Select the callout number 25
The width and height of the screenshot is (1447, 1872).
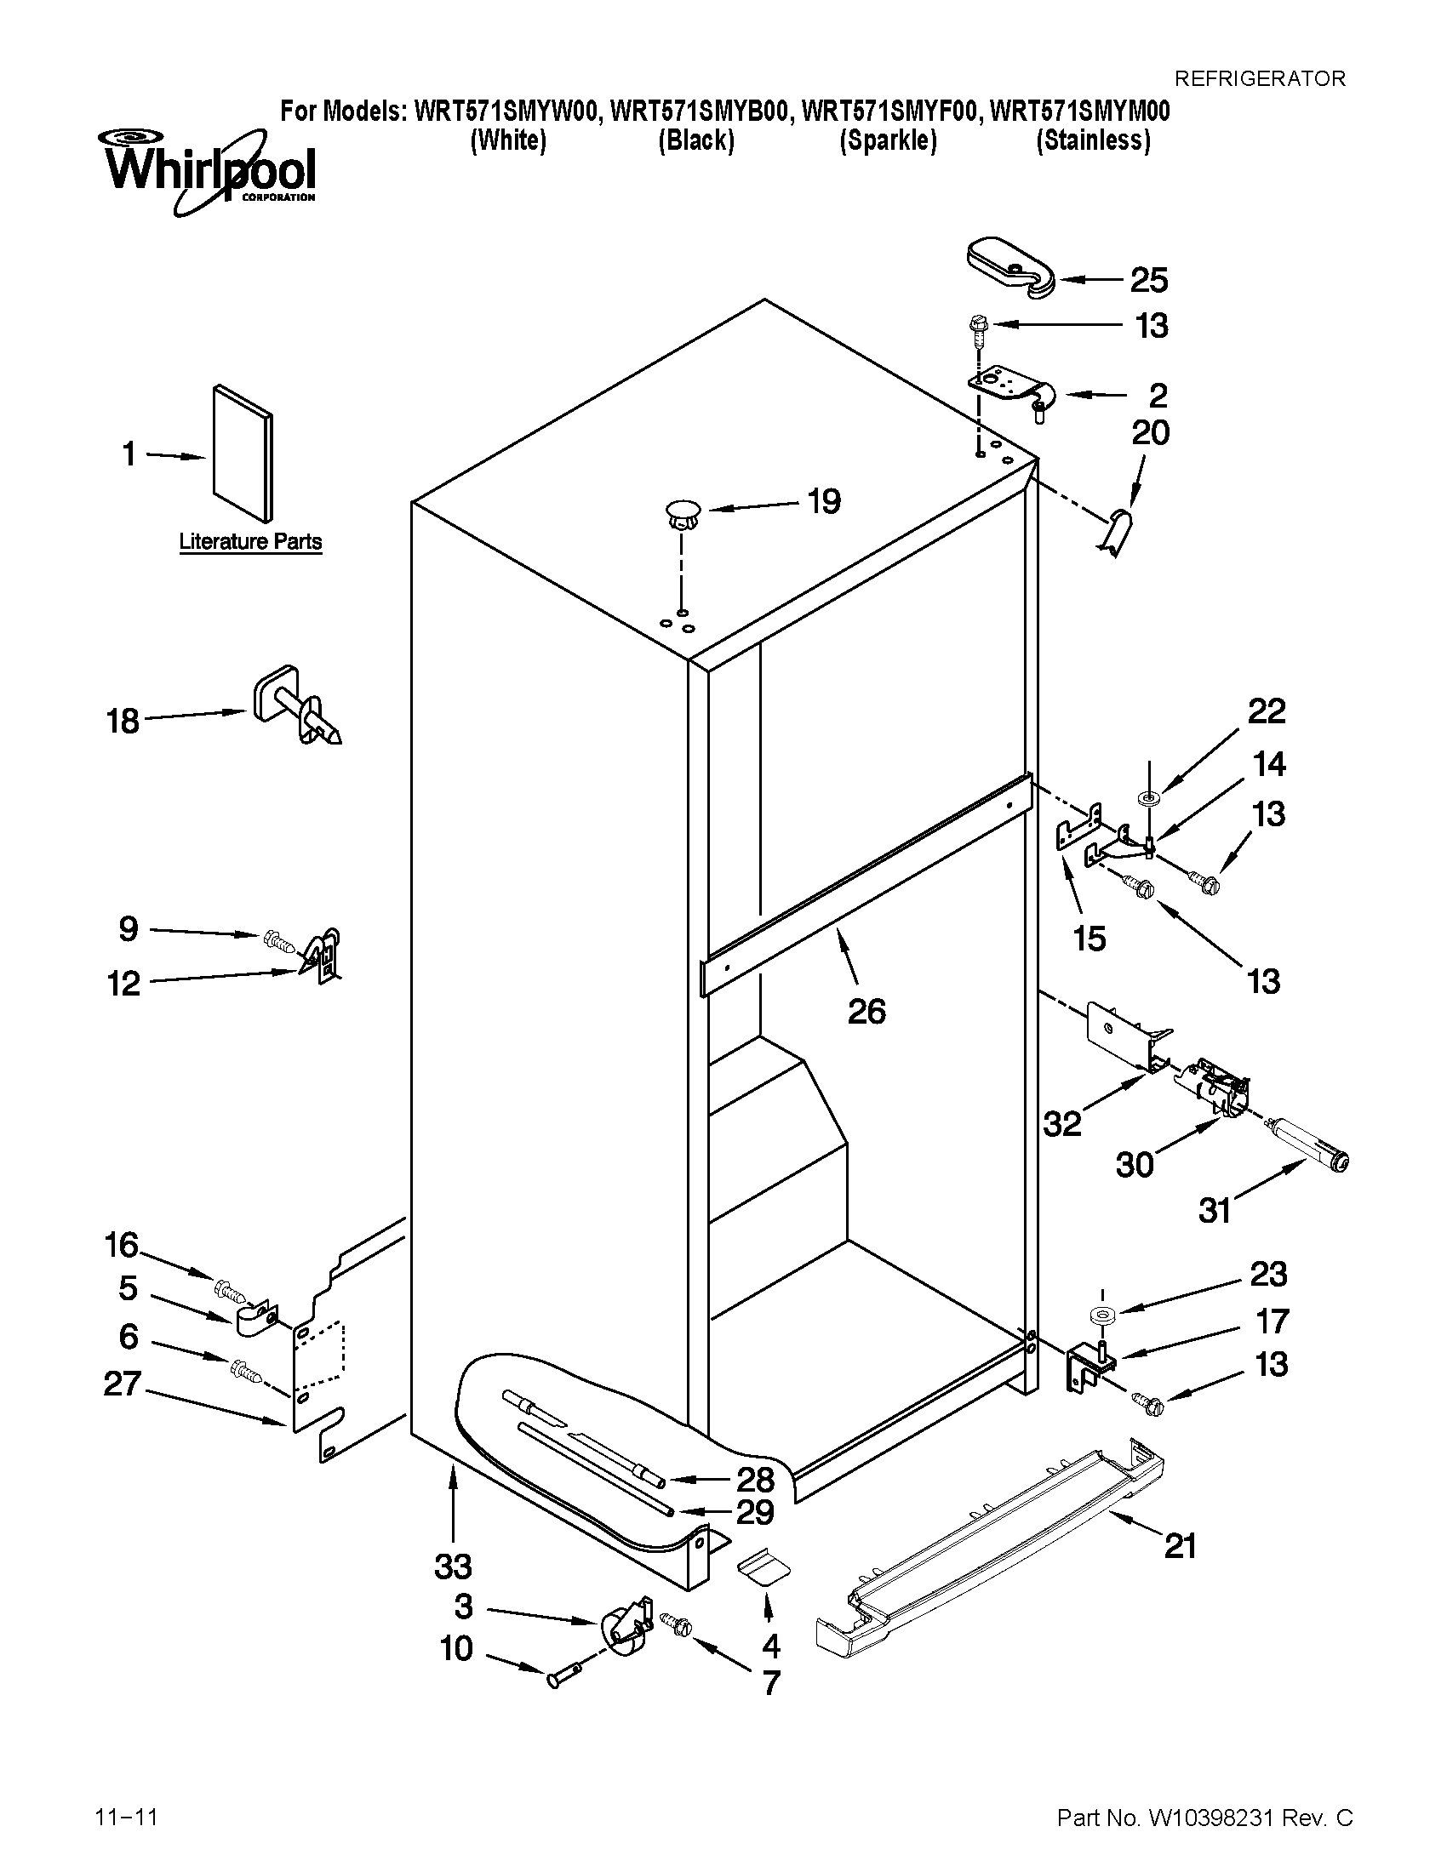pos(1149,280)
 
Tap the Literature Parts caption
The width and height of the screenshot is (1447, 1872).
pos(250,542)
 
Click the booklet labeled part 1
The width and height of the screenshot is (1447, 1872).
pos(243,452)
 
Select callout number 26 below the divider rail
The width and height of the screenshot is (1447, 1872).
pos(866,1012)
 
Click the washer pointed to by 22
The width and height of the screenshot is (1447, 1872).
pos(1147,799)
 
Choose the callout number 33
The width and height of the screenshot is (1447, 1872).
pos(453,1566)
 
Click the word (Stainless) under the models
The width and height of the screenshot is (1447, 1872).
pos(1092,140)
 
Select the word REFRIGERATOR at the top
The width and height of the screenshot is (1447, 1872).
pos(1259,79)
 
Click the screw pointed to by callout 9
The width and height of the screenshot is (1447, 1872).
pos(278,941)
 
